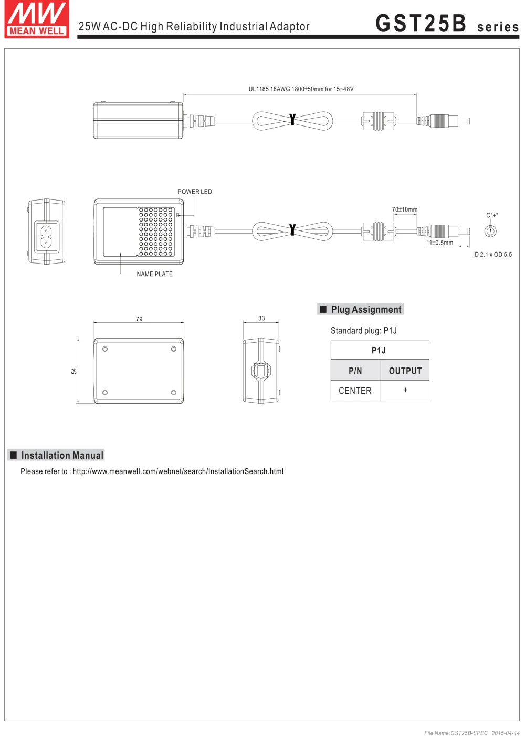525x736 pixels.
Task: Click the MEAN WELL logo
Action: [x=37, y=19]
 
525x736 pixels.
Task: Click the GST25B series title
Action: [x=447, y=24]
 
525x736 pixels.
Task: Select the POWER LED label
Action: [x=195, y=192]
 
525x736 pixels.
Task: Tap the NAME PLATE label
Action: [x=154, y=274]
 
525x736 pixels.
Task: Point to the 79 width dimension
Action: [x=139, y=319]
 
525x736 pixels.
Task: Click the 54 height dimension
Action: [x=74, y=371]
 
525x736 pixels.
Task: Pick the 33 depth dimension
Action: [x=261, y=318]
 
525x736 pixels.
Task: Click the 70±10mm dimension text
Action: [x=405, y=209]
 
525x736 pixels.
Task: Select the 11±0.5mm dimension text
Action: [x=439, y=243]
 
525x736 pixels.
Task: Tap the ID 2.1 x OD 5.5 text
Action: [x=492, y=255]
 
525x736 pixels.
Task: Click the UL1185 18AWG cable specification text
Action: [x=301, y=89]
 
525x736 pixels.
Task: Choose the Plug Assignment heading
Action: [x=366, y=310]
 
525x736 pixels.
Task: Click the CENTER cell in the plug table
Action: [x=355, y=391]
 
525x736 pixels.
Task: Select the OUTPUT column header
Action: [x=405, y=371]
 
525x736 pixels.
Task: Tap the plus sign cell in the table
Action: [x=405, y=390]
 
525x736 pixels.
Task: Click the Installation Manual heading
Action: [x=62, y=455]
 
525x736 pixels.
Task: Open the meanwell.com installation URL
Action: [x=178, y=471]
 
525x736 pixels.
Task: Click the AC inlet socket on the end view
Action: [x=46, y=235]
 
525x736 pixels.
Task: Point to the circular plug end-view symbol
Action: [x=490, y=231]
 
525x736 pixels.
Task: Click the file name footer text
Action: [x=471, y=733]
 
